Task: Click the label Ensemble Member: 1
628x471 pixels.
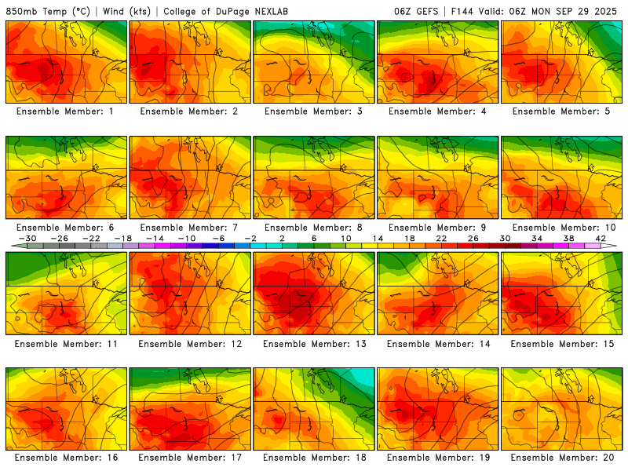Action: [x=66, y=111]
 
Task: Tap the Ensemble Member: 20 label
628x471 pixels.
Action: [x=561, y=457]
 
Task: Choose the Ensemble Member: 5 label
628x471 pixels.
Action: [x=561, y=111]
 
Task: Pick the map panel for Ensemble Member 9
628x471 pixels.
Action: [x=437, y=177]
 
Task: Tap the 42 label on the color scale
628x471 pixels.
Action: [x=601, y=238]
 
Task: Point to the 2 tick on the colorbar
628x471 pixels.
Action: [x=279, y=238]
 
